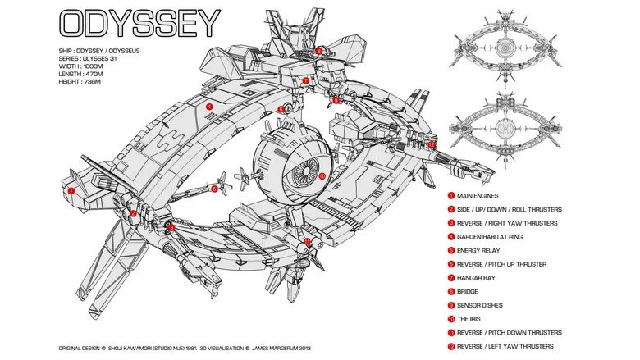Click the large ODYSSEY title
140,25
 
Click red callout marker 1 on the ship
71,190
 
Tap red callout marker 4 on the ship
209,106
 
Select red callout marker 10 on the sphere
322,175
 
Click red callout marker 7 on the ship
305,81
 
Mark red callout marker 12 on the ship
432,144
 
